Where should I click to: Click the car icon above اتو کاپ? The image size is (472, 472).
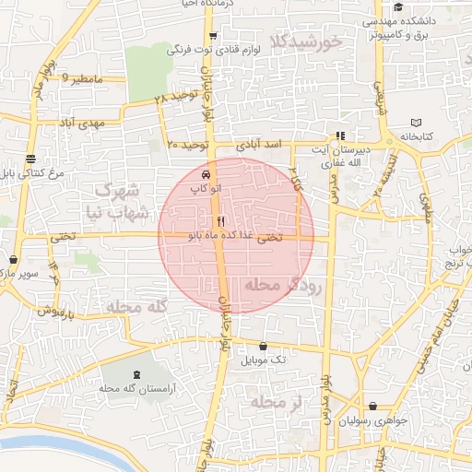click(x=205, y=174)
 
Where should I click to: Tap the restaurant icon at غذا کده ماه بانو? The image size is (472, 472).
click(x=219, y=221)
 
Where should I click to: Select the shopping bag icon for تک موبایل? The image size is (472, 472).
click(x=264, y=347)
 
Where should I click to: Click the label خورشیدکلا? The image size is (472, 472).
click(x=308, y=41)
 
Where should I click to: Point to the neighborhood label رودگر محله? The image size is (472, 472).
click(x=283, y=287)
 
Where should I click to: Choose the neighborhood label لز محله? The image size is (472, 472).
click(x=277, y=402)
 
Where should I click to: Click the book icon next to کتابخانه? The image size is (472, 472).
click(x=416, y=123)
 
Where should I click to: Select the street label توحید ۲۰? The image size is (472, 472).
click(x=190, y=146)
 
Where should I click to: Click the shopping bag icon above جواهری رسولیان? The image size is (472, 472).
click(x=372, y=407)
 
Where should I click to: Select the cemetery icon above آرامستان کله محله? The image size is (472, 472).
click(x=138, y=375)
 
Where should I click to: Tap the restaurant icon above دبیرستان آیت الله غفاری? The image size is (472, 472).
click(x=340, y=135)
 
